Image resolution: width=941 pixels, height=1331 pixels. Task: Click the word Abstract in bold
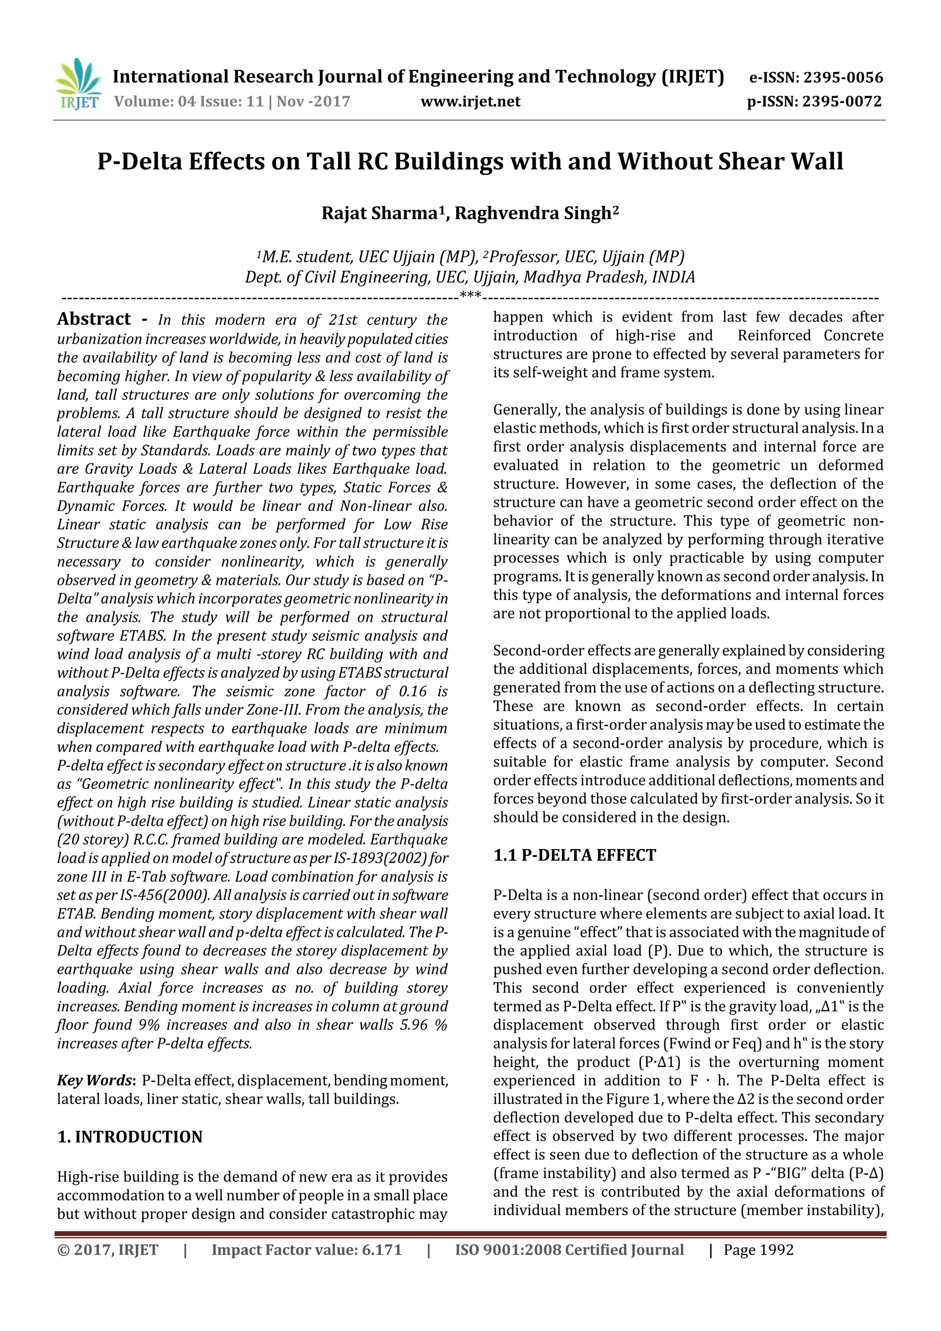pos(94,319)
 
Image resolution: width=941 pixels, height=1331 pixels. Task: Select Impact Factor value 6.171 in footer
pos(307,1250)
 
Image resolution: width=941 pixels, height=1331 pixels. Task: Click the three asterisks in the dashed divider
pos(470,295)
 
